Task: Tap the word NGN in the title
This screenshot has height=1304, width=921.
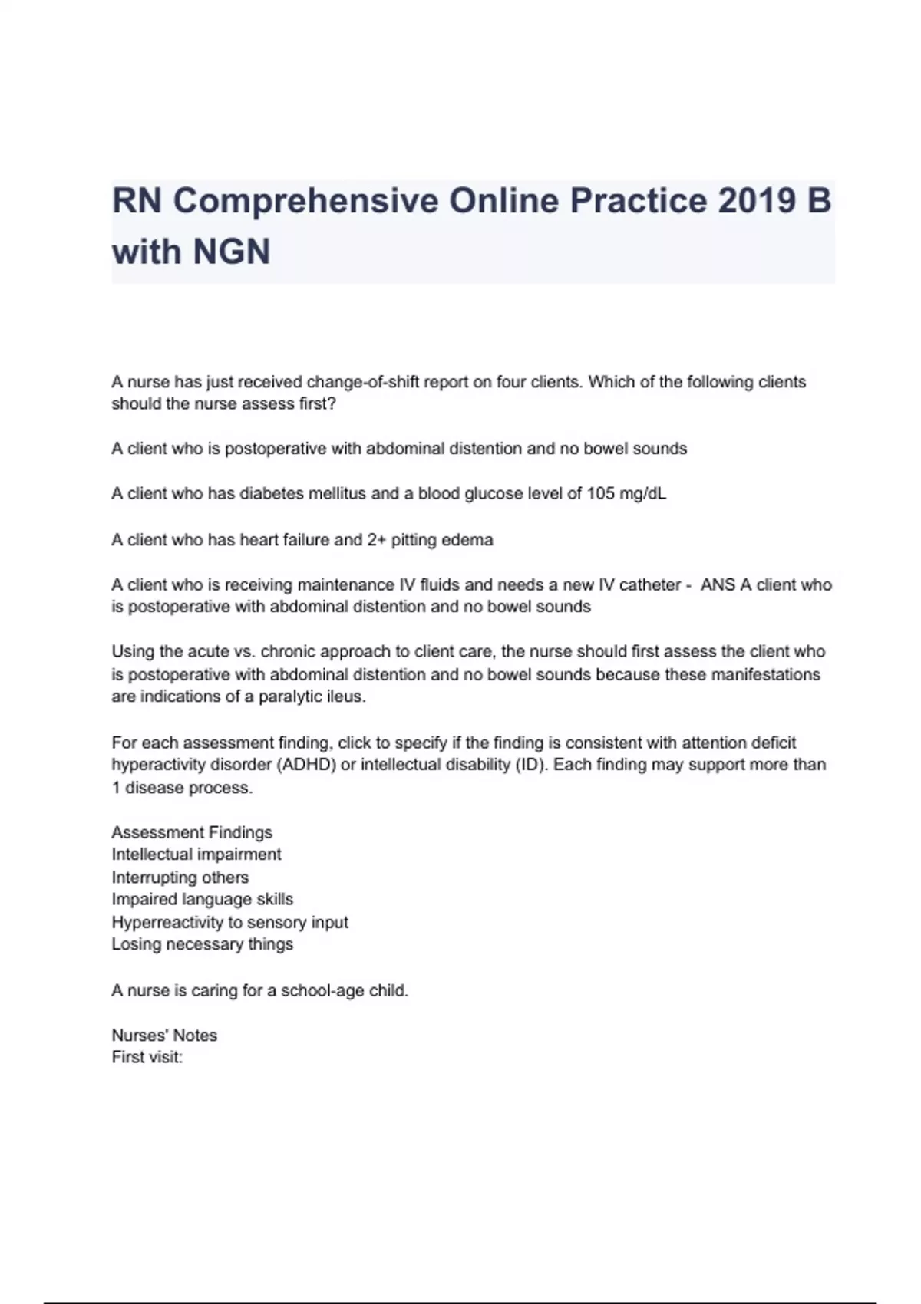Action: pos(231,252)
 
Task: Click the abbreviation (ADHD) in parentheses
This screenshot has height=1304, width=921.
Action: pos(305,765)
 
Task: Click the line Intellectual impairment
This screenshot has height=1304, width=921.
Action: pos(196,855)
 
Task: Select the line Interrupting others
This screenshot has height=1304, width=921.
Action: pos(180,878)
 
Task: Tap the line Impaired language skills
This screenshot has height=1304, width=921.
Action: pos(203,899)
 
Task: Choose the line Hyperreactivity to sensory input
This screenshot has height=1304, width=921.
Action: pos(229,922)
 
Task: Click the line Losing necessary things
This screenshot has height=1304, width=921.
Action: pos(203,944)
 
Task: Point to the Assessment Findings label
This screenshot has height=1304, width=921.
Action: pos(192,832)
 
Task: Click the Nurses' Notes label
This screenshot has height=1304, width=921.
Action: pos(164,1036)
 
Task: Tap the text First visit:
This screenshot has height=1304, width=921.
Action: pos(147,1057)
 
